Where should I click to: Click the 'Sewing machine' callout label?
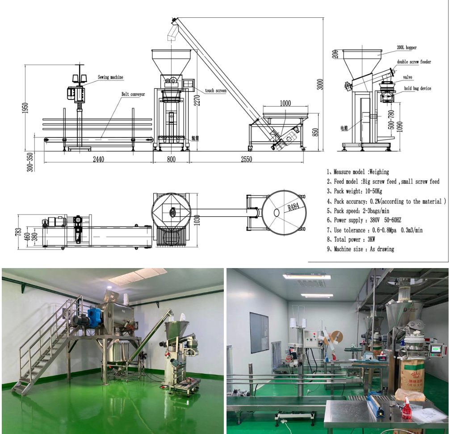[x=110, y=77]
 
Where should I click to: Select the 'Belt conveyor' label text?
[x=133, y=94]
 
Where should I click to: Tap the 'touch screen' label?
[x=216, y=91]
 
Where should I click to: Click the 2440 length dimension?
[x=98, y=159]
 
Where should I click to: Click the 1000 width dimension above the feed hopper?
[x=285, y=103]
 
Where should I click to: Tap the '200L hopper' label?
[x=406, y=47]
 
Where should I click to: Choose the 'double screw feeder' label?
[x=414, y=62]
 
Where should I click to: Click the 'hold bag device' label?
[x=418, y=89]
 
